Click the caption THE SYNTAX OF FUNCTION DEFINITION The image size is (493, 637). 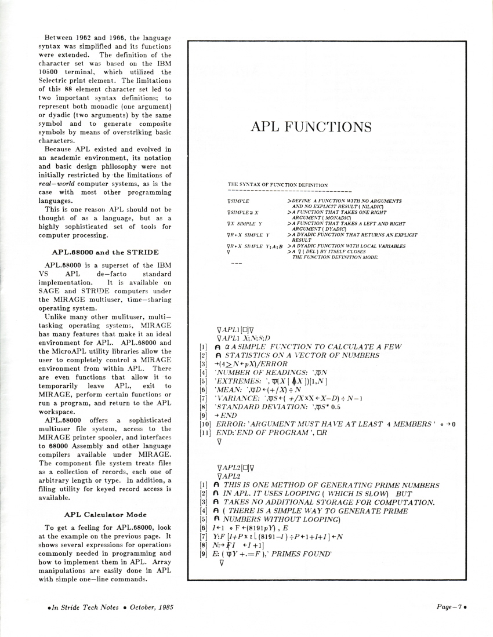[278, 185]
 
